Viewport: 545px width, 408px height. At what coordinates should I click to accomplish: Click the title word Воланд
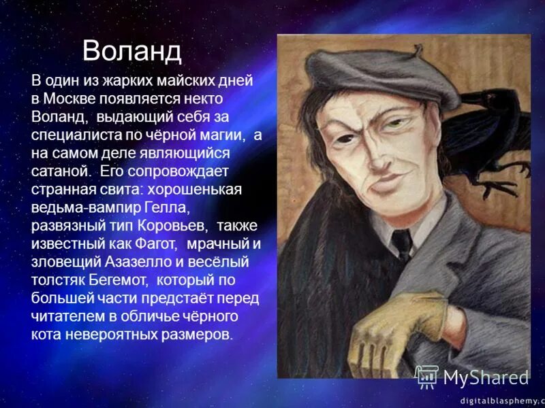[132, 51]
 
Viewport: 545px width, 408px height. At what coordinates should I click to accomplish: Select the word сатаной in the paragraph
[60, 171]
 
